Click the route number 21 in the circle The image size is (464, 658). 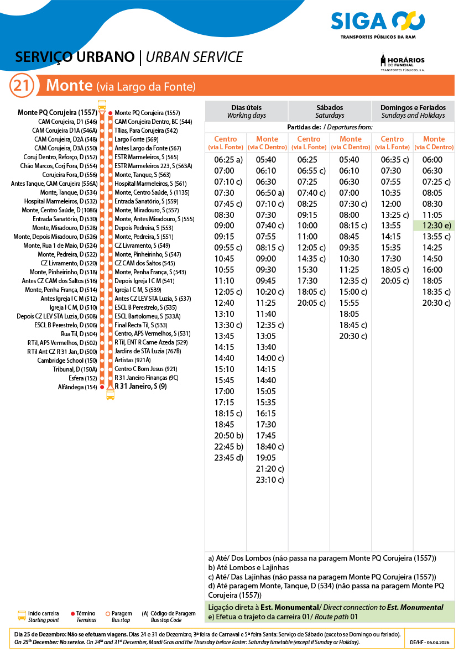click(22, 86)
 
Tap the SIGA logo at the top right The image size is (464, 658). click(378, 23)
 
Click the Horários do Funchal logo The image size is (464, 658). click(403, 62)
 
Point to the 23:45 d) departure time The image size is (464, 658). click(228, 457)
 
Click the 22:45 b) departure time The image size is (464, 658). click(228, 446)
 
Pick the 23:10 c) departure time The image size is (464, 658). click(270, 479)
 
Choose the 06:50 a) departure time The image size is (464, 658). click(270, 192)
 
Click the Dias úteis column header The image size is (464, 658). click(246, 111)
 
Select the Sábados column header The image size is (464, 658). click(330, 111)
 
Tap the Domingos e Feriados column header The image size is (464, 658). click(413, 111)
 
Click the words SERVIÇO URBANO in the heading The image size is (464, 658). click(75, 57)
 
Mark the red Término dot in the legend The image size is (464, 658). click(72, 614)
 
